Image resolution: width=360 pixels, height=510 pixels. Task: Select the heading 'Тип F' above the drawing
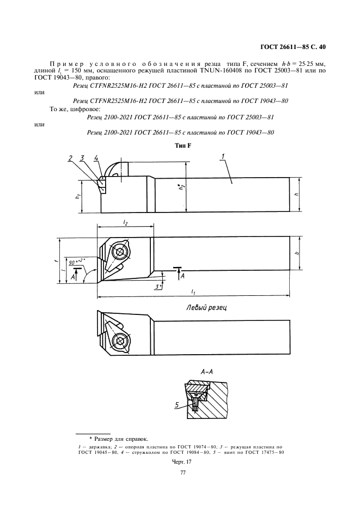tap(181, 145)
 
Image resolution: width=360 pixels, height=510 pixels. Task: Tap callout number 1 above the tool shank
tap(224, 157)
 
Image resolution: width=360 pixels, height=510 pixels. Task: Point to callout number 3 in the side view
tap(82, 159)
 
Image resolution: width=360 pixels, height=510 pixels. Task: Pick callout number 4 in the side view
tap(95, 159)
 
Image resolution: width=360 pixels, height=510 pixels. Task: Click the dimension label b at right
tap(311, 253)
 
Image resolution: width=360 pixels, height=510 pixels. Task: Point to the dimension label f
tap(57, 260)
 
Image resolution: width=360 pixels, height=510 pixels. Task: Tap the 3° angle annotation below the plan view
tap(157, 286)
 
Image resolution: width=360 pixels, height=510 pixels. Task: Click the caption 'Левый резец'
tap(206, 308)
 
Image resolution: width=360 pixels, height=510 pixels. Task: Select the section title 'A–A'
tap(208, 371)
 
